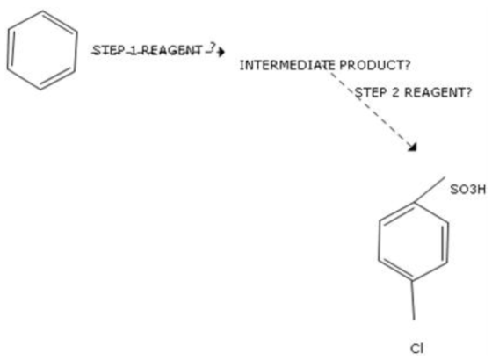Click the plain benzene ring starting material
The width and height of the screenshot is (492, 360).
coord(8,50)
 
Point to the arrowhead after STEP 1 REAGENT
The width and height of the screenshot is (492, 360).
coord(221,52)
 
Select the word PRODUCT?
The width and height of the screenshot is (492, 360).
coord(375,65)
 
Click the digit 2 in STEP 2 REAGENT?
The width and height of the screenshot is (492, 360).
coord(395,92)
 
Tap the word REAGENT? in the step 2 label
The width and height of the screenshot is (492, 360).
coord(438,92)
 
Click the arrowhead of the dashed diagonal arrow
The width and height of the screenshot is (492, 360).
coord(413,147)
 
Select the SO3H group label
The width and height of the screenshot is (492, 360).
coord(467,190)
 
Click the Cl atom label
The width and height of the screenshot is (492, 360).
coord(416,349)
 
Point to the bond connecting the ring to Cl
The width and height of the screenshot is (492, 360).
coord(413,300)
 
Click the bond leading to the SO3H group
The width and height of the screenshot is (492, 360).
coord(430,190)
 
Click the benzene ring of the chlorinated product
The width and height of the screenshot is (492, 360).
coord(379,241)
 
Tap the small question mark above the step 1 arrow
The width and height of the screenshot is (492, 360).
coord(213,47)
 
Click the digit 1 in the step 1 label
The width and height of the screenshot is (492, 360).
coord(134,50)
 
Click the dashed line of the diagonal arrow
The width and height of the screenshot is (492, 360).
coord(372,109)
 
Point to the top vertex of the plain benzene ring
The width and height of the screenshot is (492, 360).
coord(43,11)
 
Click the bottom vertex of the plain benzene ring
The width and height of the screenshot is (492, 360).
coord(40,90)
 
